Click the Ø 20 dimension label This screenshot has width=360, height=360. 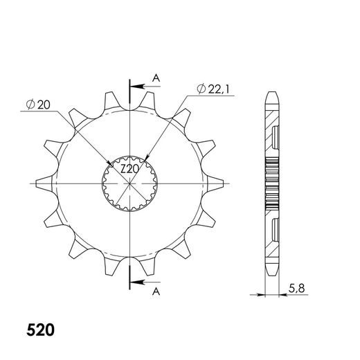[x=38, y=105]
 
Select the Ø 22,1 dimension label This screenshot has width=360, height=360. [x=213, y=89]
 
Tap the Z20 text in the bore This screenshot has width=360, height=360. [x=129, y=170]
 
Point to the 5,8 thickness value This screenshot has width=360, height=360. [x=296, y=289]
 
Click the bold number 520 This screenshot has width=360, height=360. [x=40, y=330]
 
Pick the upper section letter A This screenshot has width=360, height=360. [x=156, y=78]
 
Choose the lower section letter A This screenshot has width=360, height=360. [x=156, y=292]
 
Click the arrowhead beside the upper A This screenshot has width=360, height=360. [x=137, y=87]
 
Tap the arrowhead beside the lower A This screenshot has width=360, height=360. [x=137, y=282]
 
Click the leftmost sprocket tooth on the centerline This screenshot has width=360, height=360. [x=44, y=183]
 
